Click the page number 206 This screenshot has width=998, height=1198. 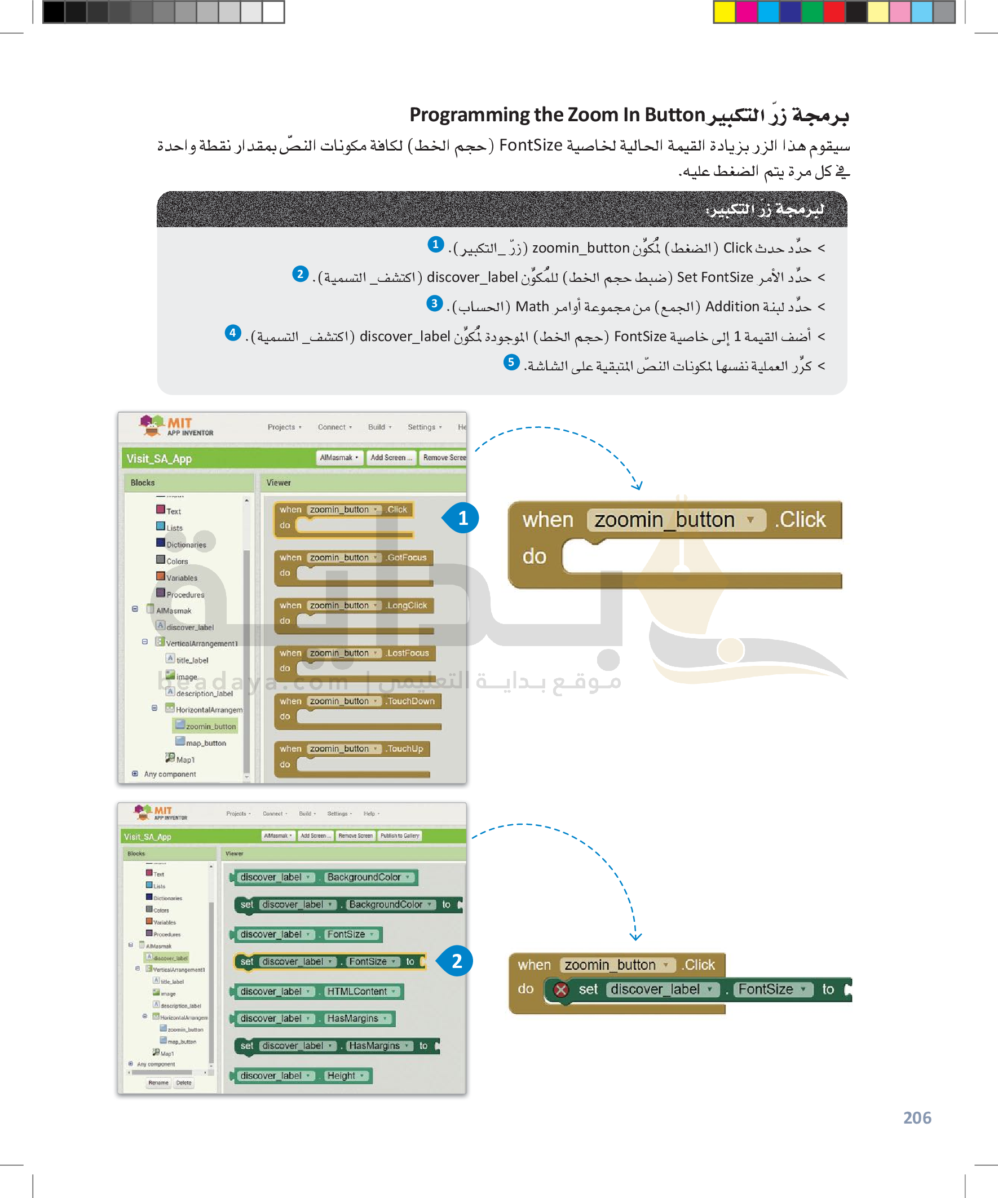(916, 1117)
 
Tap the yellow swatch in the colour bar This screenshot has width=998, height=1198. (724, 12)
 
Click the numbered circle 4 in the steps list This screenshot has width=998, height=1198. (233, 333)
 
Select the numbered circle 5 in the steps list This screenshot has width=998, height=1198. (511, 362)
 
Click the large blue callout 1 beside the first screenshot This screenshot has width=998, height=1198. (463, 518)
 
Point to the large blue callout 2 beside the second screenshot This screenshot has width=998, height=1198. (457, 961)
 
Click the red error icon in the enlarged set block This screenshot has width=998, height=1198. (561, 990)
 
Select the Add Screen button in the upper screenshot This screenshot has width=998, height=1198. (390, 458)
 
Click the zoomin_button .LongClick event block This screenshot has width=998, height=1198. (354, 606)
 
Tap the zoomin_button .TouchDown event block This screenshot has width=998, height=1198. (357, 702)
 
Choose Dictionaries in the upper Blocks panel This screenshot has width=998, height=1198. (186, 545)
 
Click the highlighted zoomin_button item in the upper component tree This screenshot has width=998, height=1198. (209, 726)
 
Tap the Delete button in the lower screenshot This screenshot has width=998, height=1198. (184, 1083)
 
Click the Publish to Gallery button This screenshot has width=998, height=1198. (399, 835)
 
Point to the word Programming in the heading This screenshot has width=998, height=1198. (470, 114)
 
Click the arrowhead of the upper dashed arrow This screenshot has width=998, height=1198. (637, 487)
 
